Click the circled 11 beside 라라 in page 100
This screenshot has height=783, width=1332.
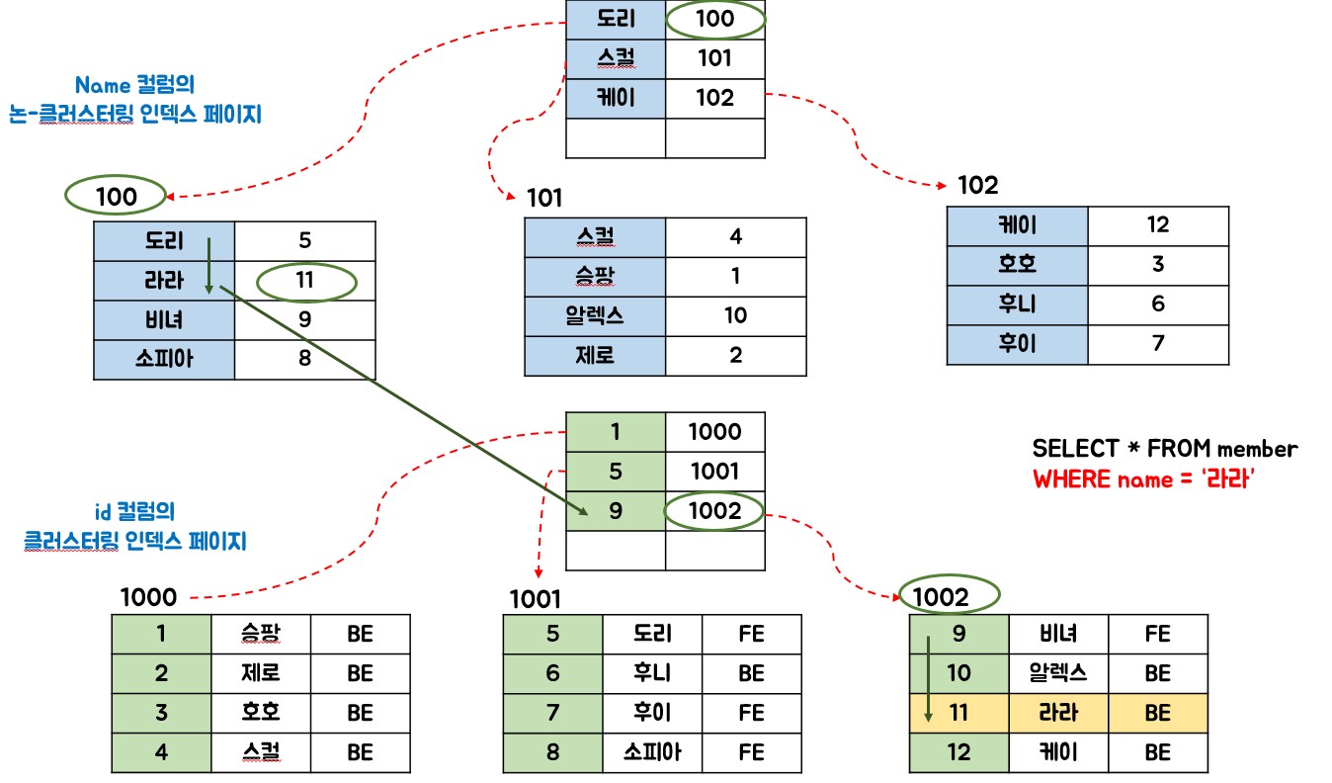click(x=304, y=281)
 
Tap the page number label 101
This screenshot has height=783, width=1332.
click(x=544, y=198)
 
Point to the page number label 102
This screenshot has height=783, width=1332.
click(x=977, y=185)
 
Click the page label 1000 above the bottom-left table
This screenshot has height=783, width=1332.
click(x=148, y=597)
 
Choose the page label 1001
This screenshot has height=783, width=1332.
click(x=535, y=598)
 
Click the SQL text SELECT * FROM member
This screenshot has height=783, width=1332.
click(x=1164, y=449)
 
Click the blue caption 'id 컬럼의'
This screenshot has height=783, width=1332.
click(x=134, y=511)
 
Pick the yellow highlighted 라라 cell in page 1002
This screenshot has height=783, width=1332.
click(x=1058, y=713)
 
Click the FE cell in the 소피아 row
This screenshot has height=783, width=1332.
click(x=751, y=752)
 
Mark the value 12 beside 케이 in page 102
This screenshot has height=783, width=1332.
click(x=1158, y=225)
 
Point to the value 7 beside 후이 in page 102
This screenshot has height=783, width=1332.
click(x=1158, y=344)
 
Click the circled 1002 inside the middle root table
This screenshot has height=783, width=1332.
click(x=714, y=511)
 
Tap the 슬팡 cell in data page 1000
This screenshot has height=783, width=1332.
click(x=261, y=634)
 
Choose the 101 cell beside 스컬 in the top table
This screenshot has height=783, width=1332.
click(x=714, y=58)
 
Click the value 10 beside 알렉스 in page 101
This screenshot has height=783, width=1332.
click(x=735, y=316)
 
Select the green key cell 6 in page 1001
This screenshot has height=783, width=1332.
click(x=552, y=673)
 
